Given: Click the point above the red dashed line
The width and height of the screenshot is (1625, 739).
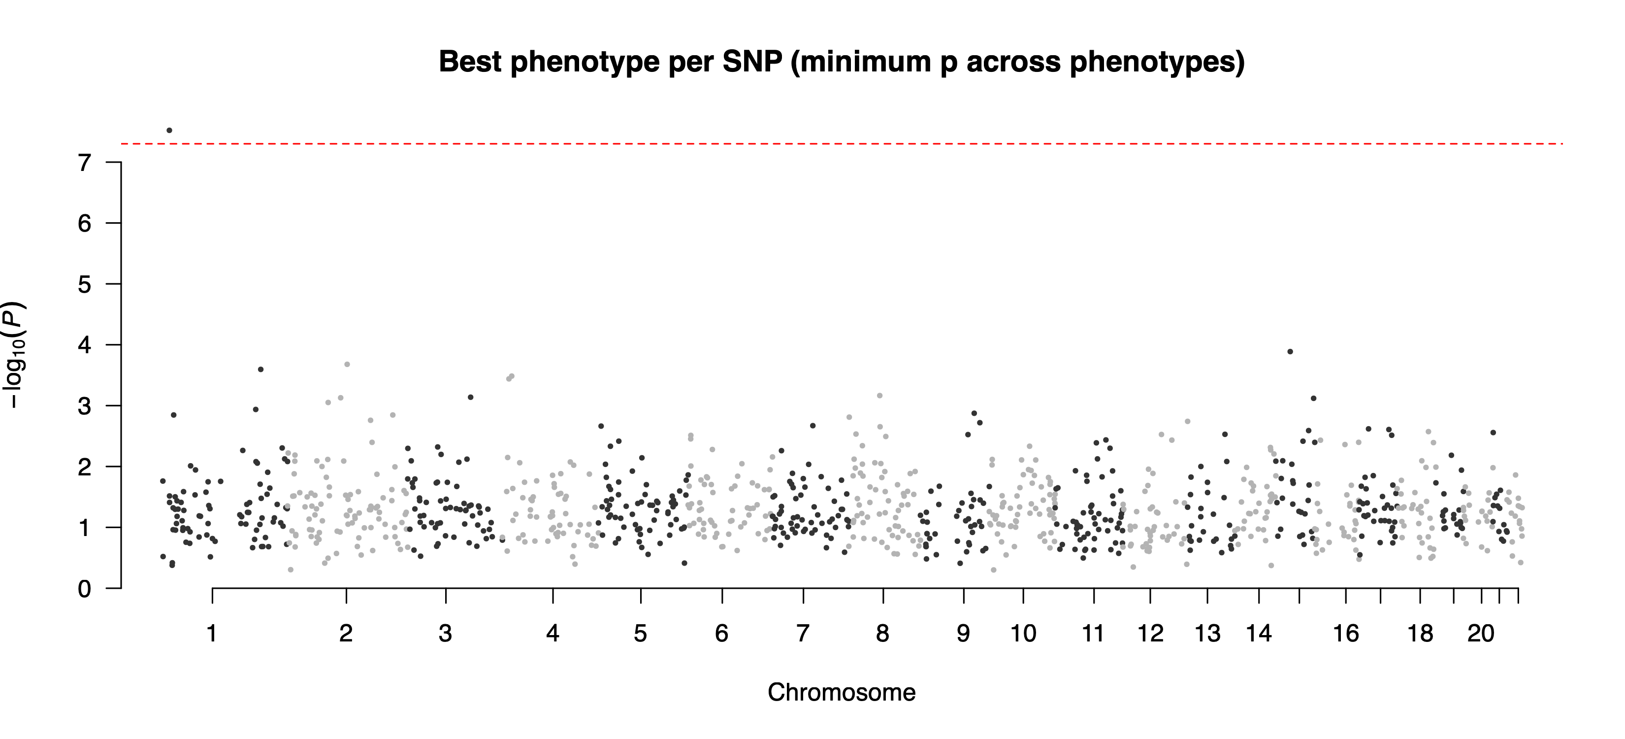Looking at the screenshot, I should point(169,131).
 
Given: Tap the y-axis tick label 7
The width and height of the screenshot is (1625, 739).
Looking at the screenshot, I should point(85,164).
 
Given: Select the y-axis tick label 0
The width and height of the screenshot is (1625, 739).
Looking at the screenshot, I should point(85,589).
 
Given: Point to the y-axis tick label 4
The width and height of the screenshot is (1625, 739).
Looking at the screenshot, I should point(85,345).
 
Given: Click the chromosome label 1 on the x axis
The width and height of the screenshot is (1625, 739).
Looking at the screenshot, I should point(212,633).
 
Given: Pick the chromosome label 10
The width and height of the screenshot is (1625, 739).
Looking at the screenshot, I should point(1023,633).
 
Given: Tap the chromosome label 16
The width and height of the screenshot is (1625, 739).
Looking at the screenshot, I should point(1345,633).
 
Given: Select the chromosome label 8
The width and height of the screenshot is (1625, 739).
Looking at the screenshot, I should point(882,633).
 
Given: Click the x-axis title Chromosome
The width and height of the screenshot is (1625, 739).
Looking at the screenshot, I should point(841,693).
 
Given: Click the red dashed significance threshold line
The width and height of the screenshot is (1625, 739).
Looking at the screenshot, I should point(820,144).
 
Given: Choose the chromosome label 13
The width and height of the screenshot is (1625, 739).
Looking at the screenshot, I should point(1207,633).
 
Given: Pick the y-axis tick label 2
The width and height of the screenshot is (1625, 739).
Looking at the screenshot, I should point(85,467).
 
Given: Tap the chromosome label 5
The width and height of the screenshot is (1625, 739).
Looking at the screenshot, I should point(640,633).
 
